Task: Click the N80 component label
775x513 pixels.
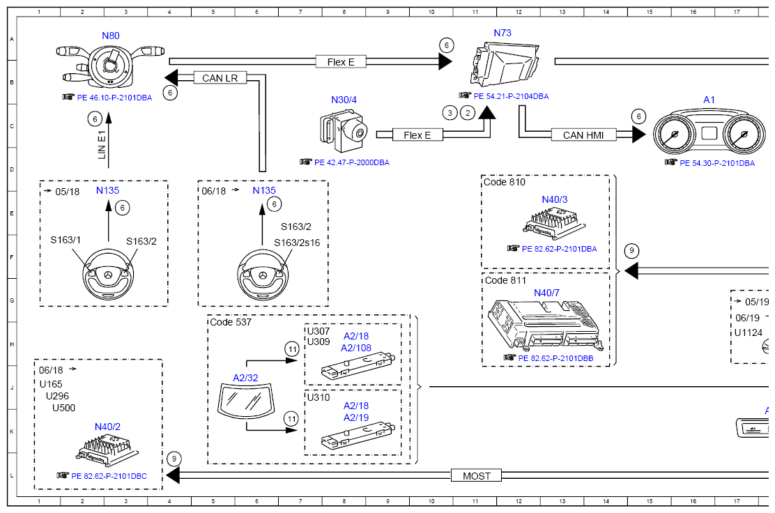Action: (110, 36)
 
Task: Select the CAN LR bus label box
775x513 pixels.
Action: (220, 78)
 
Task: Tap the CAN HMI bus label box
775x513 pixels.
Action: (583, 135)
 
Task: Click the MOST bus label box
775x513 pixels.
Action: (477, 475)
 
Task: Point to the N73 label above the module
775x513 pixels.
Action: (502, 33)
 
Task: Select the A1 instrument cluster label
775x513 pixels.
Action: (709, 100)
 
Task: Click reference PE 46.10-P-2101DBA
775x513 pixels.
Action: (114, 98)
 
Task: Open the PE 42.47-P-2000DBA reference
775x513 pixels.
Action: (351, 162)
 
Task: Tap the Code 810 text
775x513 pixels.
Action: (504, 182)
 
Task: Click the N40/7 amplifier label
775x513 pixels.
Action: (546, 293)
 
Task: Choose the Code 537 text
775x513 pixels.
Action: (230, 322)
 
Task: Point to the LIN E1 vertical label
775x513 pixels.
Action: (102, 145)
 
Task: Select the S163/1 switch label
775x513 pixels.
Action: (66, 240)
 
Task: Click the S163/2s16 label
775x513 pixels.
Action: (297, 243)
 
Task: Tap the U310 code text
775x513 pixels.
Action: (319, 397)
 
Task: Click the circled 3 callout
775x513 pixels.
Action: (450, 113)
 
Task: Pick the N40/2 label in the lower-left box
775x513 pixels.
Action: (107, 427)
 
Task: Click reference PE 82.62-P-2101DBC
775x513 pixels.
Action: (109, 476)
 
